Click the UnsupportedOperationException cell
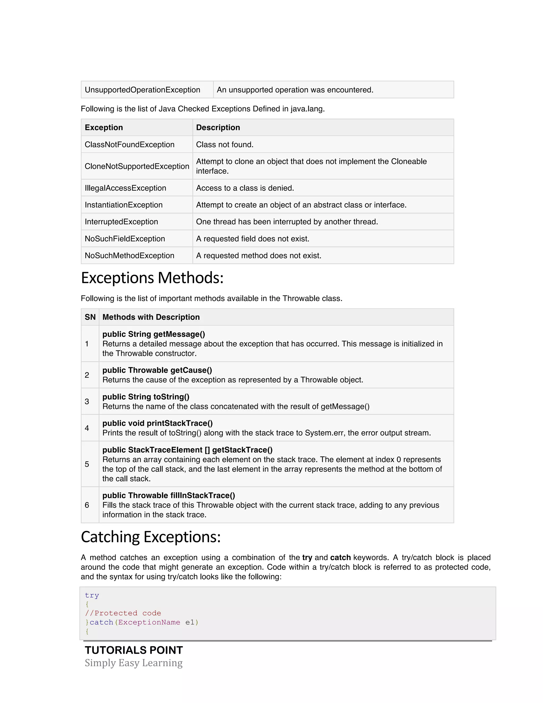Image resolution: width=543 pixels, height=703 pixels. click(142, 90)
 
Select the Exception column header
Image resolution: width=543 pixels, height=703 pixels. click(104, 127)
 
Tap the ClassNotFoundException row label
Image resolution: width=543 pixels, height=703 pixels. click(129, 145)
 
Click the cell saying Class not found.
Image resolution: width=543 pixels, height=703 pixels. click(225, 145)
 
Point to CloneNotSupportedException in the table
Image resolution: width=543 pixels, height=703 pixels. click(137, 166)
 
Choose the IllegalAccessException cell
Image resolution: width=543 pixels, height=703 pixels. click(125, 188)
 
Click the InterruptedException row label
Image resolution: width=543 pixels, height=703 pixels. click(121, 222)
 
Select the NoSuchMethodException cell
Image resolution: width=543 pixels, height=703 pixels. click(129, 255)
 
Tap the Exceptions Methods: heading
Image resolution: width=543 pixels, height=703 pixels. click(152, 278)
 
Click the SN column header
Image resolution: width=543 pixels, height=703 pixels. click(90, 317)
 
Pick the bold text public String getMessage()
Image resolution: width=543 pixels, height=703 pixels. click(154, 334)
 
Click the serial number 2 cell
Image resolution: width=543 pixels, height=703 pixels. click(87, 375)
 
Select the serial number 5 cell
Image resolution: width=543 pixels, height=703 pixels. click(87, 464)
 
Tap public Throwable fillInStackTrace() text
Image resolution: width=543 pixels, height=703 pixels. click(169, 495)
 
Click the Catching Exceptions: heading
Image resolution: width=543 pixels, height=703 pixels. click(151, 537)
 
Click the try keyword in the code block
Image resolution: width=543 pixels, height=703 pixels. click(92, 596)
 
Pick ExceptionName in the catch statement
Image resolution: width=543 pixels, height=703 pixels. click(149, 622)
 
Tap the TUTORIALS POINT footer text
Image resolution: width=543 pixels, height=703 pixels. click(134, 650)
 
